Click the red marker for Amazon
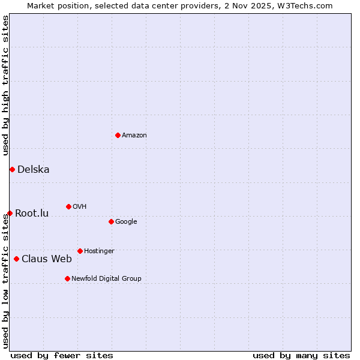pyautogui.click(x=118, y=135)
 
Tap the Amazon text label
pyautogui.click(x=134, y=136)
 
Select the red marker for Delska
pyautogui.click(x=12, y=169)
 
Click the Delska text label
pyautogui.click(x=34, y=170)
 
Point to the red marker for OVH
pyautogui.click(x=68, y=206)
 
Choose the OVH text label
pyautogui.click(x=80, y=207)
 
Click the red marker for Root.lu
pyautogui.click(x=10, y=213)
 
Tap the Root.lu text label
pyautogui.click(x=32, y=214)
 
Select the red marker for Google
pyautogui.click(x=111, y=221)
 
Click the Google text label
pyautogui.click(x=126, y=222)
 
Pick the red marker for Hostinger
pyautogui.click(x=80, y=251)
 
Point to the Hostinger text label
pyautogui.click(x=99, y=251)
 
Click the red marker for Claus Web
pyautogui.click(x=16, y=259)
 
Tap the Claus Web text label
pyautogui.click(x=47, y=259)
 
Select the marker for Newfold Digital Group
pyautogui.click(x=67, y=278)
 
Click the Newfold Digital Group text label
pyautogui.click(x=106, y=279)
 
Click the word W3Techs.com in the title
pyautogui.click(x=310, y=6)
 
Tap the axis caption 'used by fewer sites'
pyautogui.click(x=62, y=355)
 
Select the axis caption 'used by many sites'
pyautogui.click(x=301, y=355)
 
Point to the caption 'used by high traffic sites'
pyautogui.click(x=6, y=85)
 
